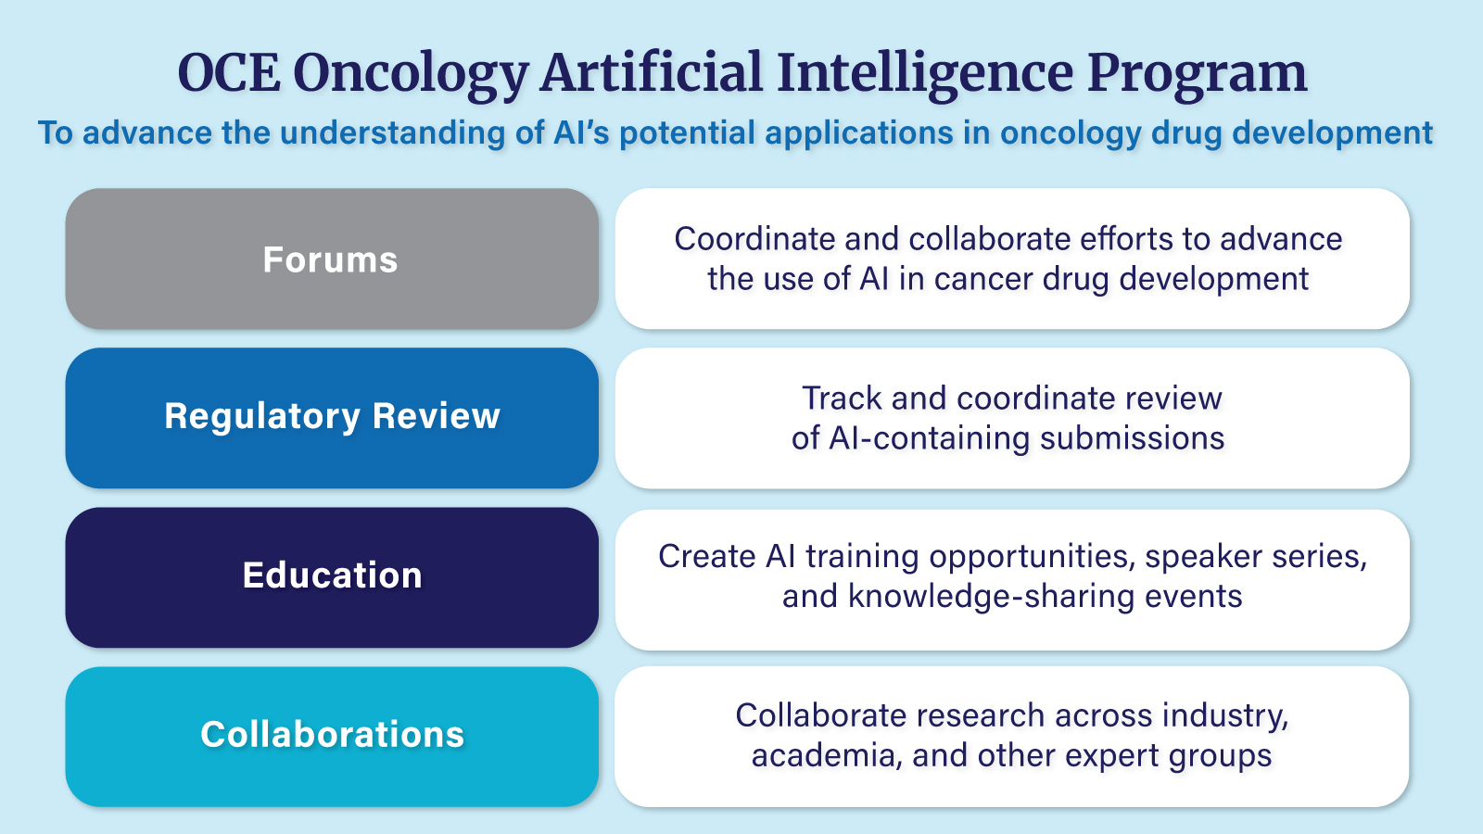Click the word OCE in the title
pyautogui.click(x=228, y=74)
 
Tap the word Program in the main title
pyautogui.click(x=1197, y=74)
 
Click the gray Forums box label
pyautogui.click(x=330, y=260)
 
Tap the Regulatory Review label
pyautogui.click(x=332, y=417)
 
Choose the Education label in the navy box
pyautogui.click(x=332, y=576)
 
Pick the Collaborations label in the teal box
pyautogui.click(x=332, y=735)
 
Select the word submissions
pyautogui.click(x=1132, y=438)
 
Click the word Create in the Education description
pyautogui.click(x=706, y=557)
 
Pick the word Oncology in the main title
pyautogui.click(x=411, y=74)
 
